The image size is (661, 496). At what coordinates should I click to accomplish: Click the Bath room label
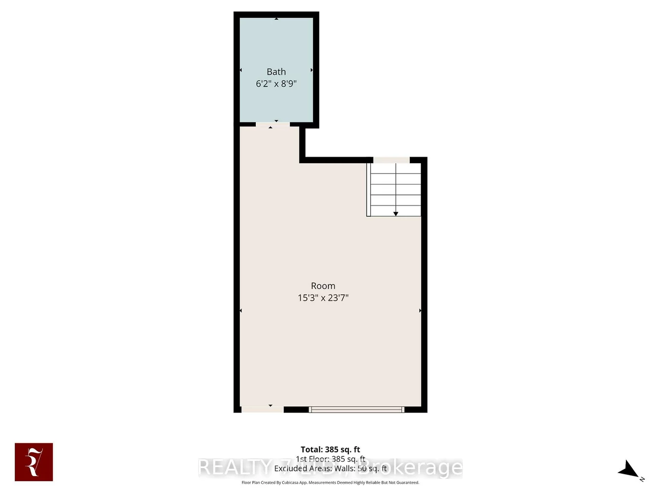(x=276, y=72)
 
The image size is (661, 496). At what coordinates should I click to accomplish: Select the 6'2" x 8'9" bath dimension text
(x=276, y=83)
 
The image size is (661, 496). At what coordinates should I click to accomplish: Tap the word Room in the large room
(x=323, y=286)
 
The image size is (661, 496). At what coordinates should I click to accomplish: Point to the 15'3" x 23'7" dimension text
(x=323, y=298)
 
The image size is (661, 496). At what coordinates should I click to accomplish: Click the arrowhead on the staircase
(x=396, y=214)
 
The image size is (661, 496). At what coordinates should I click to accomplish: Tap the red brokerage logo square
(x=34, y=462)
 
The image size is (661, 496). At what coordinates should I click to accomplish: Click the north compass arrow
(x=629, y=470)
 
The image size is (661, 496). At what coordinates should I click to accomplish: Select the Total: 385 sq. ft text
(x=330, y=449)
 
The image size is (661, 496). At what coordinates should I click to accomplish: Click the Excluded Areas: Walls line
(x=330, y=469)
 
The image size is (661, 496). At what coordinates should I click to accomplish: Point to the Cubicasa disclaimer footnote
(x=330, y=482)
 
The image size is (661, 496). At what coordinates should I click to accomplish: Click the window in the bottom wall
(x=356, y=409)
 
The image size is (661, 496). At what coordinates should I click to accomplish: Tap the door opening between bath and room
(x=273, y=124)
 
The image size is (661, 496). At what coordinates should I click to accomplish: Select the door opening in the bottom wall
(x=262, y=409)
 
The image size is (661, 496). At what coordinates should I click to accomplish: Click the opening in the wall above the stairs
(x=391, y=160)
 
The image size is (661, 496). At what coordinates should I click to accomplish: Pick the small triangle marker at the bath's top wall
(x=276, y=19)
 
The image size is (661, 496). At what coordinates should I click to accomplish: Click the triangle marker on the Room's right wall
(x=420, y=310)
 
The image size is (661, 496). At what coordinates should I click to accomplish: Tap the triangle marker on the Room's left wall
(x=241, y=310)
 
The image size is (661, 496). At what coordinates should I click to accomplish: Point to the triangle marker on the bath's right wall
(x=312, y=70)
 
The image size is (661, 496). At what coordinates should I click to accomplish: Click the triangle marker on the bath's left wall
(x=241, y=70)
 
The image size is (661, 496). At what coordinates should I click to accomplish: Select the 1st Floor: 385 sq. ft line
(x=330, y=459)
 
